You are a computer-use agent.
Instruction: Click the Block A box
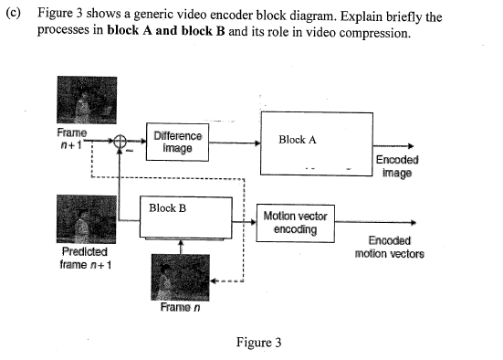tap(317, 143)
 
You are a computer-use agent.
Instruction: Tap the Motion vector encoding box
tap(295, 222)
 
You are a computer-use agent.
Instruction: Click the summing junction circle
tap(120, 141)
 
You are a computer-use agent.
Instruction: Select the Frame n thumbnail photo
tap(181, 277)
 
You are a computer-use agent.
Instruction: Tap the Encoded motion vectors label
tap(389, 248)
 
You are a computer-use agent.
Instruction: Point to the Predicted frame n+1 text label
tap(84, 258)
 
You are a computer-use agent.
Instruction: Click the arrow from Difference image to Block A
tap(236, 141)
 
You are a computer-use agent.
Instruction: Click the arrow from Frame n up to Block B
tap(181, 246)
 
